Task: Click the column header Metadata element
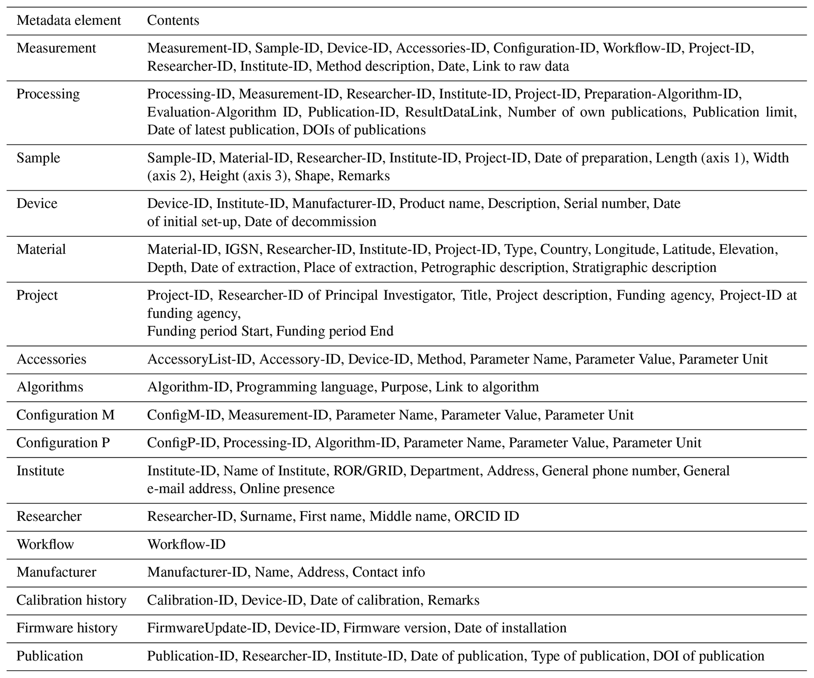pyautogui.click(x=69, y=20)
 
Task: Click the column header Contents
pyautogui.click(x=173, y=20)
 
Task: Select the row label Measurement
pyautogui.click(x=56, y=48)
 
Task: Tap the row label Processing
pyautogui.click(x=48, y=94)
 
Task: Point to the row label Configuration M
pyautogui.click(x=65, y=415)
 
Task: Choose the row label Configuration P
pyautogui.click(x=63, y=443)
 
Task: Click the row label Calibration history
pyautogui.click(x=71, y=600)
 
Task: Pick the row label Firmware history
pyautogui.click(x=67, y=628)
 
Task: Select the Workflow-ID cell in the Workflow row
pyautogui.click(x=186, y=544)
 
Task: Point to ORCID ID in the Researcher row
pyautogui.click(x=486, y=516)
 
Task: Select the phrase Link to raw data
pyautogui.click(x=521, y=66)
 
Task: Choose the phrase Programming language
pyautogui.click(x=304, y=387)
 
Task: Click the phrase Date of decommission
pyautogui.click(x=310, y=222)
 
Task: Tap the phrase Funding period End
pyautogui.click(x=334, y=331)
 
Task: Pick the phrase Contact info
pyautogui.click(x=388, y=572)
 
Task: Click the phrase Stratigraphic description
pyautogui.click(x=644, y=267)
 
